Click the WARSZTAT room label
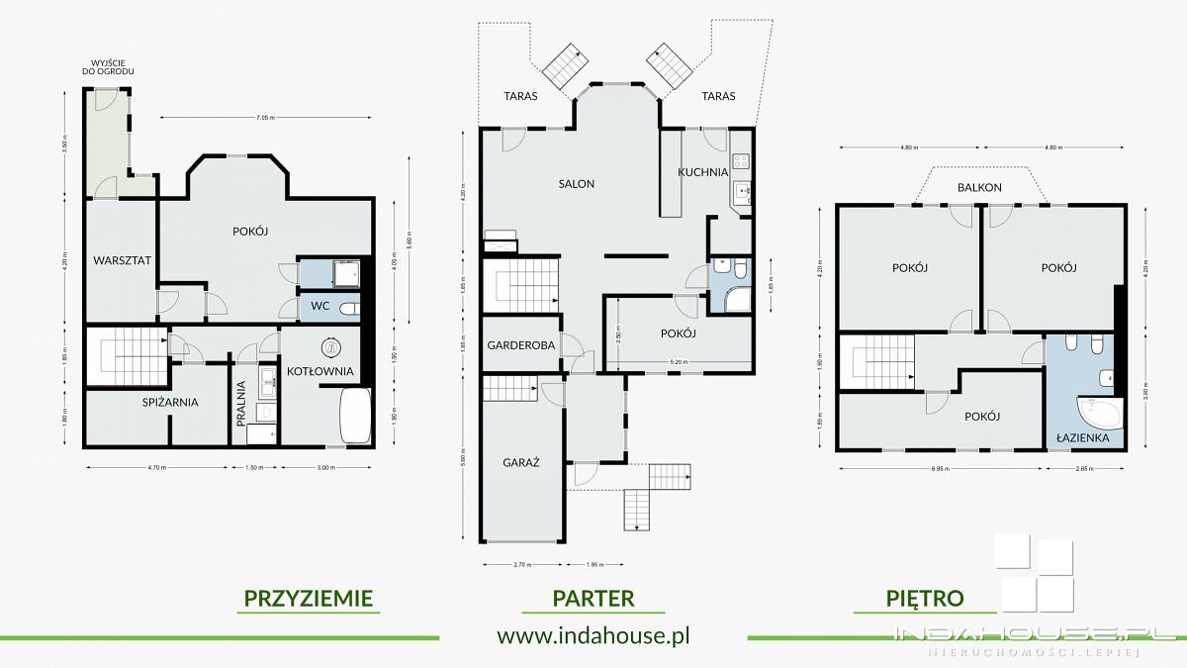click(x=122, y=260)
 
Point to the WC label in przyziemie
click(x=320, y=307)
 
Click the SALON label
click(x=576, y=183)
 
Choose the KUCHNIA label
click(x=702, y=171)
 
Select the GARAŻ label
click(x=518, y=461)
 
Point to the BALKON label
click(x=979, y=187)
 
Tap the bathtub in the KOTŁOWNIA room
click(x=353, y=417)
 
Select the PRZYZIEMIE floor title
click(x=308, y=598)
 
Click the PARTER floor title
click(x=593, y=598)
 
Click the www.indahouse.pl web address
click(x=593, y=635)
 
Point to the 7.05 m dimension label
click(x=265, y=118)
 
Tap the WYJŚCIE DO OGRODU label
click(x=109, y=68)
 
